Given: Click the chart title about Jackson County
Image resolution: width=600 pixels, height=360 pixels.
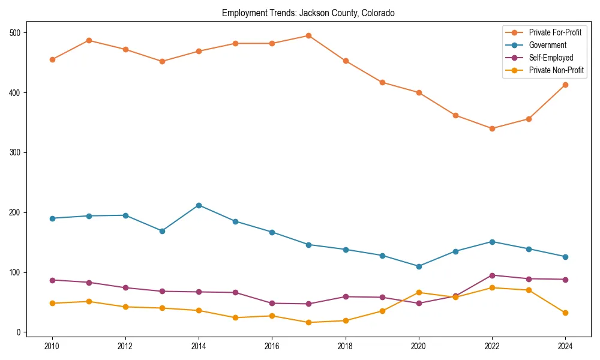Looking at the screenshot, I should tap(308, 13).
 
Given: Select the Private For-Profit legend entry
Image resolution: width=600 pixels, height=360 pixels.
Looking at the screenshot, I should tap(555, 32).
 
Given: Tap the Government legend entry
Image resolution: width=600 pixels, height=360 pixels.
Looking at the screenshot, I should tap(547, 45).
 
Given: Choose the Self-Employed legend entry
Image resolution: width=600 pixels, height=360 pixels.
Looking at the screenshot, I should tap(551, 58).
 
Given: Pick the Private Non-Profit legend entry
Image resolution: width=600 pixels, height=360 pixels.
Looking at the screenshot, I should tap(556, 70).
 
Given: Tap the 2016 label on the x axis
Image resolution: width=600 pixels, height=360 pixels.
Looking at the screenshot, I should tap(272, 346).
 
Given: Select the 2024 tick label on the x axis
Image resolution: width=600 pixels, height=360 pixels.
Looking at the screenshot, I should tap(565, 346).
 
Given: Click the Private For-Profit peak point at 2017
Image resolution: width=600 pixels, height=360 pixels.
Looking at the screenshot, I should tap(308, 35).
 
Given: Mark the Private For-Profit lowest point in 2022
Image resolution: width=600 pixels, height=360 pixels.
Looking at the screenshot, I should tap(492, 128).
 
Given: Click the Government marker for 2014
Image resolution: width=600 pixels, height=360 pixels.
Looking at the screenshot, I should tap(199, 205).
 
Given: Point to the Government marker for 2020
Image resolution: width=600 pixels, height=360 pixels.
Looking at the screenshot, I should tap(419, 266).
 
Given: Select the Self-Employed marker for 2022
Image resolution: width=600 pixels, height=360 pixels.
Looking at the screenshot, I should tap(492, 275).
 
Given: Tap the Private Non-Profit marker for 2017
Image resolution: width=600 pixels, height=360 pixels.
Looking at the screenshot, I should tap(308, 323).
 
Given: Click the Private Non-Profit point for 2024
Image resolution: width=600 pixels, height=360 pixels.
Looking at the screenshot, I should tap(565, 313).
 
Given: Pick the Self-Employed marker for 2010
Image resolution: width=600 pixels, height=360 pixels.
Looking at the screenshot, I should tap(52, 280).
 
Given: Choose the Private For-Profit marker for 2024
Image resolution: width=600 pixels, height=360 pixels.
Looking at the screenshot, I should tap(565, 85).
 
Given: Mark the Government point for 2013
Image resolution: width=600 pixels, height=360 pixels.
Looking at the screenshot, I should tap(162, 231).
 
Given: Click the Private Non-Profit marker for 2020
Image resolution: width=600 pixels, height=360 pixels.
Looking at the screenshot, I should tap(419, 293).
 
